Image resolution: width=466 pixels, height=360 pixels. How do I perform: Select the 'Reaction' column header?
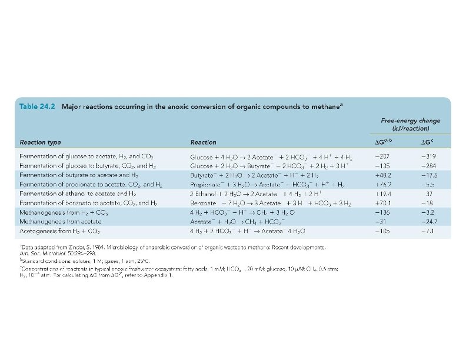(x=204, y=142)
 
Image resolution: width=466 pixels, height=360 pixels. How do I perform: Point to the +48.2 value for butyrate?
(x=384, y=175)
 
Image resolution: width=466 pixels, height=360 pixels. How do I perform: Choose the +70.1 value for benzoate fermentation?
(x=384, y=202)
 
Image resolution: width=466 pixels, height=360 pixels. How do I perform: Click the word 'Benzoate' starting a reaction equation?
(x=202, y=202)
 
